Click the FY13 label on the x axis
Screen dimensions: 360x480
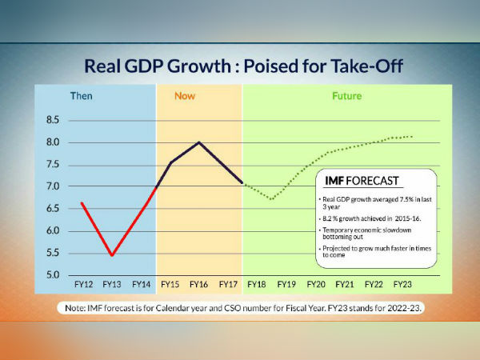coord(112,284)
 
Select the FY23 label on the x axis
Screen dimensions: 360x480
coord(402,284)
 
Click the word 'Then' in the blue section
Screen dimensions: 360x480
coord(82,96)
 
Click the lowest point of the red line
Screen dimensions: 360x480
coord(111,255)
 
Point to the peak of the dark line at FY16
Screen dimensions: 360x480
coord(198,142)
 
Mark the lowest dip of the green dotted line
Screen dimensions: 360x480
coord(272,199)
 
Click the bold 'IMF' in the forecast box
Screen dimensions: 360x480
coord(332,180)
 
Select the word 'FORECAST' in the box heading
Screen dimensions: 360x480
coord(372,180)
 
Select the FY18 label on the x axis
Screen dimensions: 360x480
coord(257,284)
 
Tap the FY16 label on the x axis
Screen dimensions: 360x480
coord(198,284)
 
